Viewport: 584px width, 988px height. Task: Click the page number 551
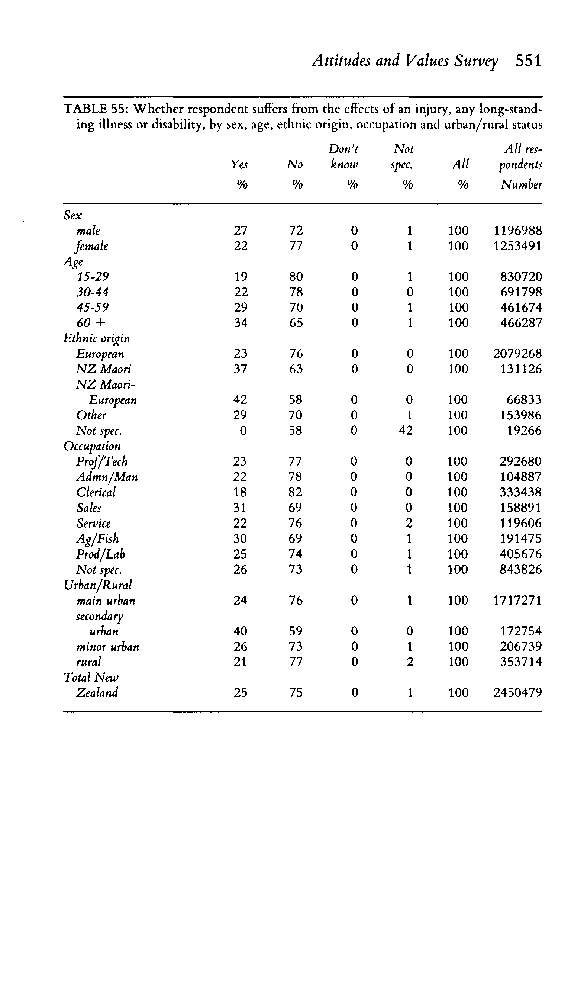529,61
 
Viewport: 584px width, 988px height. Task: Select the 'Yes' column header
239,164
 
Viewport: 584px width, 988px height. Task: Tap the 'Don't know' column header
344,157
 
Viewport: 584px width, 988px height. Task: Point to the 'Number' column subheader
521,184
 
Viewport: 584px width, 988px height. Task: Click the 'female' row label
92,246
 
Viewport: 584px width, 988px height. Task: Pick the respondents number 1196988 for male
517,230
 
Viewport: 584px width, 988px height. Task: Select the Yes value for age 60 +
241,323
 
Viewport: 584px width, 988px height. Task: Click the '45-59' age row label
93,307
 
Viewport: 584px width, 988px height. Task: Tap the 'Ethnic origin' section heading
96,338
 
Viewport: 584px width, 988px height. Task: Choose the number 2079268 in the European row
517,354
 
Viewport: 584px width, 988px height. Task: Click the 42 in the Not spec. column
406,430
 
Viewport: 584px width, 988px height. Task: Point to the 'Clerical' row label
96,492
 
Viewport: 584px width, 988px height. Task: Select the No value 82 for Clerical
295,492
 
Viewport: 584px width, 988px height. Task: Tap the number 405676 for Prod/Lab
520,554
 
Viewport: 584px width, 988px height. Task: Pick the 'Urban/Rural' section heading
98,585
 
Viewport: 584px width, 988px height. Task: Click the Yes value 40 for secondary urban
240,631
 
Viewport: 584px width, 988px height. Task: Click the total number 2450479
517,693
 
